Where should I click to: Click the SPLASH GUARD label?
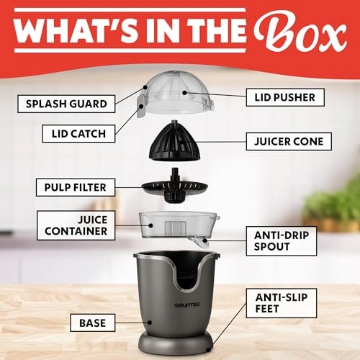coord(66,103)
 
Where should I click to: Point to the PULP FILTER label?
coord(75,187)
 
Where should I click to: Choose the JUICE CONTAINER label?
coord(75,224)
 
